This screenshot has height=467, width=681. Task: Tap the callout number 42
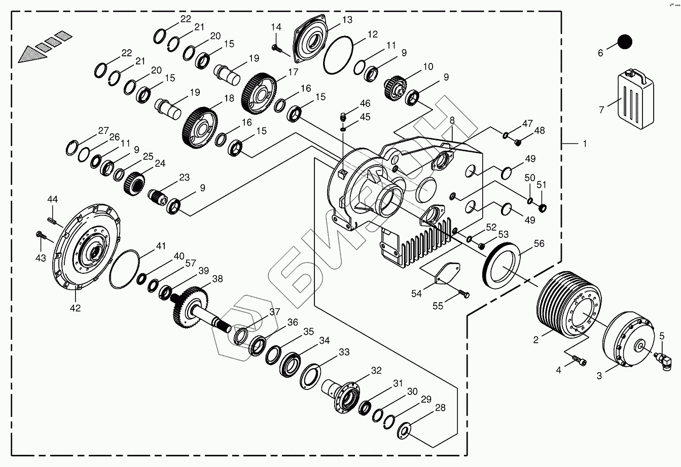tap(75, 308)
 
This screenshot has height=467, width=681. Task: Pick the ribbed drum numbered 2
tap(568, 304)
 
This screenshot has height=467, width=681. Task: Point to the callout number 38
tap(218, 278)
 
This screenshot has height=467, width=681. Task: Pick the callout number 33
tap(344, 351)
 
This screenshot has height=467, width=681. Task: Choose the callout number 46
tap(365, 103)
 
